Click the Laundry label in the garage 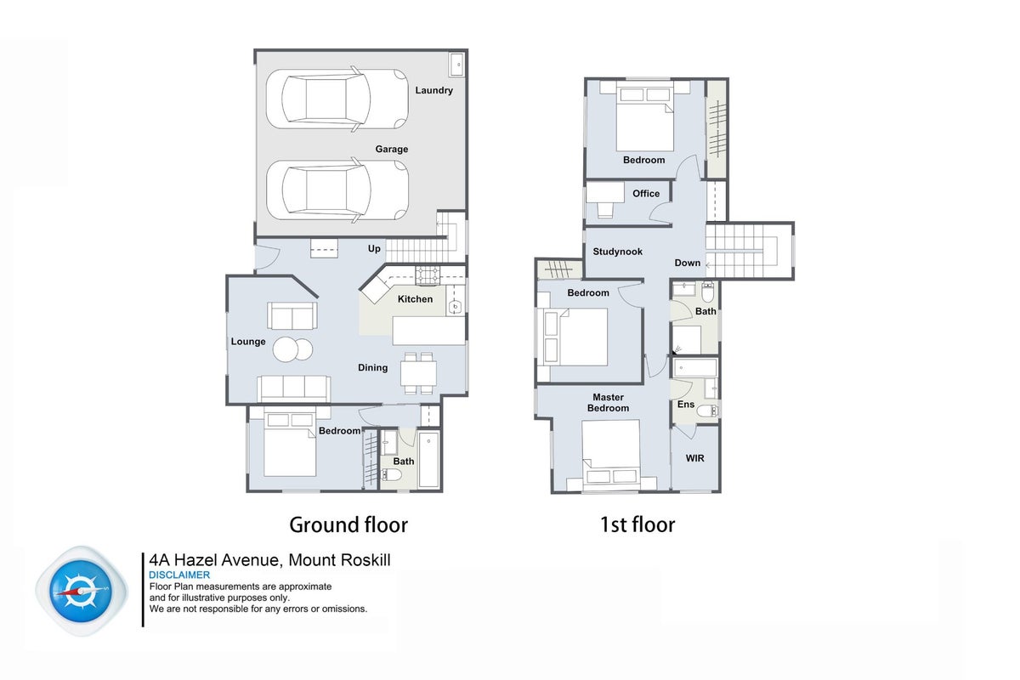click(434, 90)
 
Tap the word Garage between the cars click(392, 149)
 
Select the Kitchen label click(416, 299)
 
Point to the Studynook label click(617, 252)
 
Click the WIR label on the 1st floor click(695, 458)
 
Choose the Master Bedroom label click(608, 403)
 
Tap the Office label click(646, 194)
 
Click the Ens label click(686, 405)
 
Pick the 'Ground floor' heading click(348, 524)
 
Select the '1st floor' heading click(637, 524)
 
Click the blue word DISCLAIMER click(179, 575)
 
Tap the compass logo click(82, 592)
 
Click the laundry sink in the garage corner click(456, 65)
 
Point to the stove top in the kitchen click(428, 275)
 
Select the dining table click(418, 373)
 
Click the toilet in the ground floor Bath click(391, 475)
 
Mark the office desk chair click(605, 209)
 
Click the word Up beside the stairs click(374, 248)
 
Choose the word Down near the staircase click(687, 263)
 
